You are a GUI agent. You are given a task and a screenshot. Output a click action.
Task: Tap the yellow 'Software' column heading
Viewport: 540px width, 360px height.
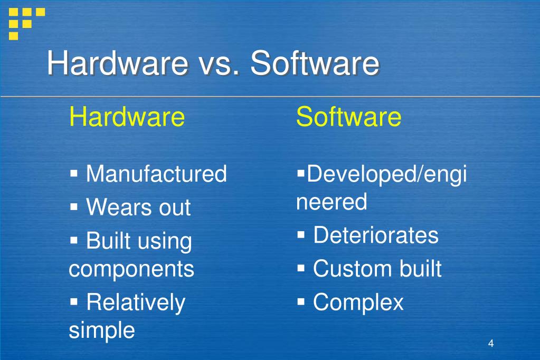coord(348,117)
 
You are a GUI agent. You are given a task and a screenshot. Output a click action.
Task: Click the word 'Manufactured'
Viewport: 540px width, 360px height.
coord(156,174)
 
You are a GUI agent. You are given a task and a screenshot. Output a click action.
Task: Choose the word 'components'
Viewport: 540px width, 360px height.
coord(131,269)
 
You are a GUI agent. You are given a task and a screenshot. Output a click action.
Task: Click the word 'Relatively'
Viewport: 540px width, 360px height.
coord(136,302)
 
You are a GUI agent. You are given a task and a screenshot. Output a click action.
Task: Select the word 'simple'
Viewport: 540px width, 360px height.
coord(102,330)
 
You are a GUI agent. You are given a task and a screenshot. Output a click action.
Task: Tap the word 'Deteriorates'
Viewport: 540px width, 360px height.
coord(375,235)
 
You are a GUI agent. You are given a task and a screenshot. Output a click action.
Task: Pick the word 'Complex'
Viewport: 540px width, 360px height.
coord(358,302)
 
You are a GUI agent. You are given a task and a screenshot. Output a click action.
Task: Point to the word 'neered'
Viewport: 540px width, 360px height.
coord(331,202)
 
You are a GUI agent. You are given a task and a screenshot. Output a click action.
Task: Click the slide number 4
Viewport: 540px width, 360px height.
coord(491,344)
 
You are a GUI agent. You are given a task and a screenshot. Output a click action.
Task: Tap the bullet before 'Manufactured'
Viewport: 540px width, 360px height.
coord(74,173)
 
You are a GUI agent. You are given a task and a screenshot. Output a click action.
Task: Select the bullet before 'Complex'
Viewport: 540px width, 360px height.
coord(301,302)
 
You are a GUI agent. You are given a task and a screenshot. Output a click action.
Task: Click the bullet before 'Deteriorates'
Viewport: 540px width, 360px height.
coord(301,234)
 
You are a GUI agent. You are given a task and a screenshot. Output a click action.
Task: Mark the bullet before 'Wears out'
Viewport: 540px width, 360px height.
coord(74,206)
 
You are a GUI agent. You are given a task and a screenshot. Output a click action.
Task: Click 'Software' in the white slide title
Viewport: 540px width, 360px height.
coord(315,64)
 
